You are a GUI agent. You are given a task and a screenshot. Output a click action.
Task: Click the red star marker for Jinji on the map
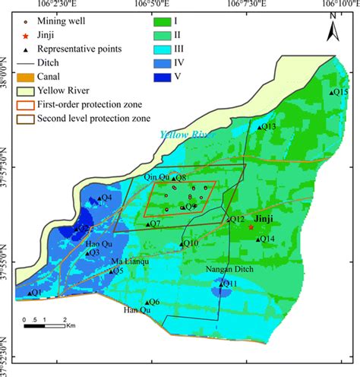(251, 227)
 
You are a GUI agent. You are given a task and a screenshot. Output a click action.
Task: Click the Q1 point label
(36, 292)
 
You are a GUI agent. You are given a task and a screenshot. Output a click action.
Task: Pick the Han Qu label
(133, 310)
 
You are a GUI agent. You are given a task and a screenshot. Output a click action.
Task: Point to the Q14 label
(267, 239)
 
